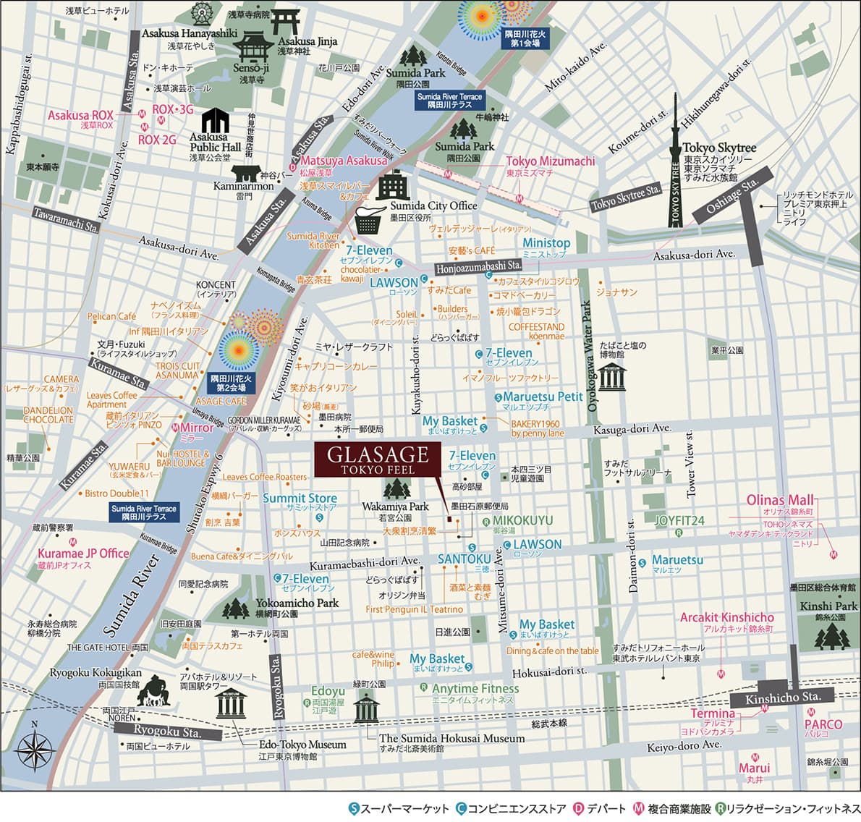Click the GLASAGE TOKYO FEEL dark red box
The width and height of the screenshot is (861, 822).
[x=377, y=459]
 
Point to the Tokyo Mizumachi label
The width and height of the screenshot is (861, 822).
[x=550, y=161]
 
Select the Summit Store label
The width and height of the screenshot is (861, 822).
[x=300, y=499]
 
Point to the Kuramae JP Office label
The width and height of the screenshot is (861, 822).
[x=83, y=554]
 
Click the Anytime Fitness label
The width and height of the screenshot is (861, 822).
[x=475, y=689]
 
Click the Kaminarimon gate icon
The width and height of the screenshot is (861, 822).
[x=245, y=174]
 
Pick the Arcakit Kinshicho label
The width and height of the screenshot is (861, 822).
[x=726, y=618]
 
